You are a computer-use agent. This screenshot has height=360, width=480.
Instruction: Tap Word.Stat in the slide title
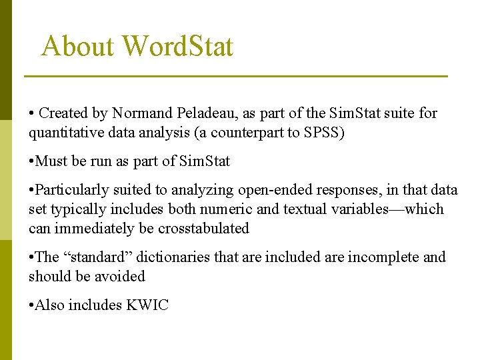click(x=178, y=47)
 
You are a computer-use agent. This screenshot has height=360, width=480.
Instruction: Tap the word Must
click(x=50, y=161)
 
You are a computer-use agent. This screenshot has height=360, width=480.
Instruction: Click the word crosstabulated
click(x=203, y=228)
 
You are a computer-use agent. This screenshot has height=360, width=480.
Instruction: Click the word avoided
click(x=120, y=276)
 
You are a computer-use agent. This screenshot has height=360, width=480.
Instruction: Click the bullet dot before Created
click(x=31, y=114)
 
